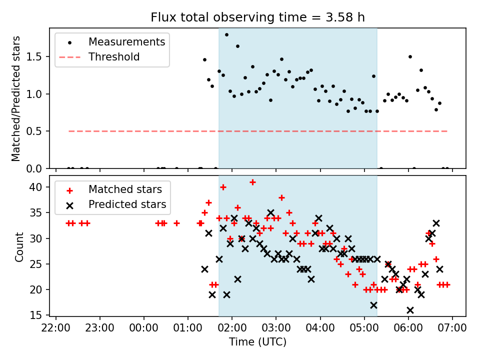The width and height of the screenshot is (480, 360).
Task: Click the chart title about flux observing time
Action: tap(257, 17)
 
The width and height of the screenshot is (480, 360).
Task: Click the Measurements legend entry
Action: tap(126, 42)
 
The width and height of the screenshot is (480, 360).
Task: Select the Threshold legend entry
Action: tap(114, 57)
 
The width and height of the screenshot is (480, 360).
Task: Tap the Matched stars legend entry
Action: tap(125, 189)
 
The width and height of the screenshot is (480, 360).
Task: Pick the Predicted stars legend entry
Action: tap(127, 204)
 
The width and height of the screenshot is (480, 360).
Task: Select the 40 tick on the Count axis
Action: tap(39, 187)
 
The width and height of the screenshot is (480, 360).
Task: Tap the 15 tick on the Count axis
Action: tap(39, 315)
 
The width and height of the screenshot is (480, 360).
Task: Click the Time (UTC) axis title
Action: tap(257, 342)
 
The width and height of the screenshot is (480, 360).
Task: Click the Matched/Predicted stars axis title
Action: tap(16, 98)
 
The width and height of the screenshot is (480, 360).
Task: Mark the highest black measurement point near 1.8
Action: tap(226, 35)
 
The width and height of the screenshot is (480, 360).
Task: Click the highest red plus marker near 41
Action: tap(252, 182)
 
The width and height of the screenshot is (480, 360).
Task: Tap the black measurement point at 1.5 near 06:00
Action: tap(410, 57)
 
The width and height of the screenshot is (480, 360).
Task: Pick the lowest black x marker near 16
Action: tap(410, 310)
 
